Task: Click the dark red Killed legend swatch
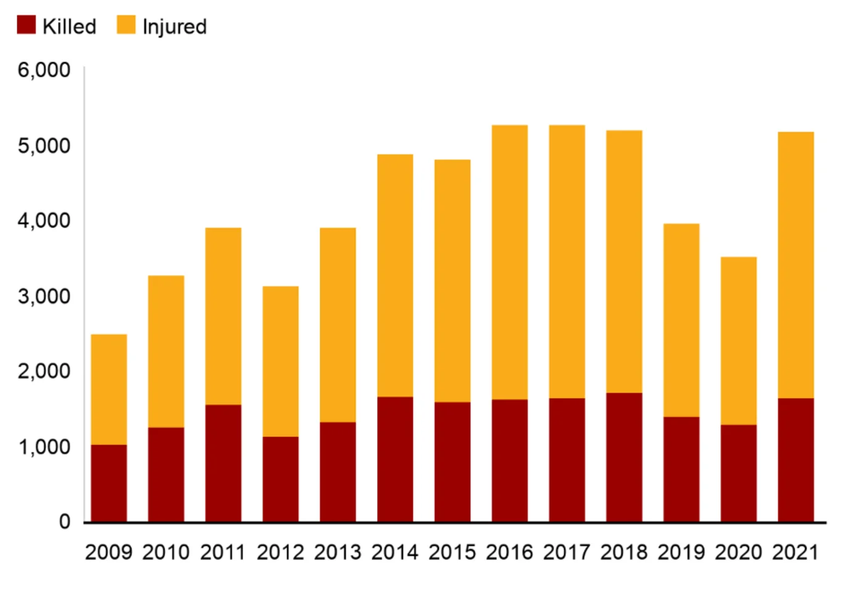pyautogui.click(x=26, y=25)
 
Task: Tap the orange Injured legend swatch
pyautogui.click(x=126, y=25)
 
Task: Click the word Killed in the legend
pyautogui.click(x=69, y=27)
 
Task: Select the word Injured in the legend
pyautogui.click(x=175, y=27)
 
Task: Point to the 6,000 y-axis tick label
pyautogui.click(x=44, y=70)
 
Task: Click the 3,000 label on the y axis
pyautogui.click(x=44, y=296)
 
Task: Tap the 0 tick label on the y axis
pyautogui.click(x=64, y=522)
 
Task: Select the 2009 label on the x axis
pyautogui.click(x=109, y=552)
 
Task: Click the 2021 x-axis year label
pyautogui.click(x=795, y=552)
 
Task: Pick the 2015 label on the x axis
pyautogui.click(x=452, y=552)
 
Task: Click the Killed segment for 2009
pyautogui.click(x=109, y=483)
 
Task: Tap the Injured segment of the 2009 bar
pyautogui.click(x=109, y=390)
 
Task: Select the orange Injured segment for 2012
pyautogui.click(x=281, y=361)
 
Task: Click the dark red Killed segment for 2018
pyautogui.click(x=624, y=457)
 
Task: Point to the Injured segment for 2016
pyautogui.click(x=510, y=262)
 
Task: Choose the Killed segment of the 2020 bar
pyautogui.click(x=739, y=473)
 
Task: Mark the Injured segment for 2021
pyautogui.click(x=795, y=265)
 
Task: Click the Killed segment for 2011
pyautogui.click(x=223, y=463)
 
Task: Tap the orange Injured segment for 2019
pyautogui.click(x=681, y=320)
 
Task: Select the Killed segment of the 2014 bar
pyautogui.click(x=395, y=459)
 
